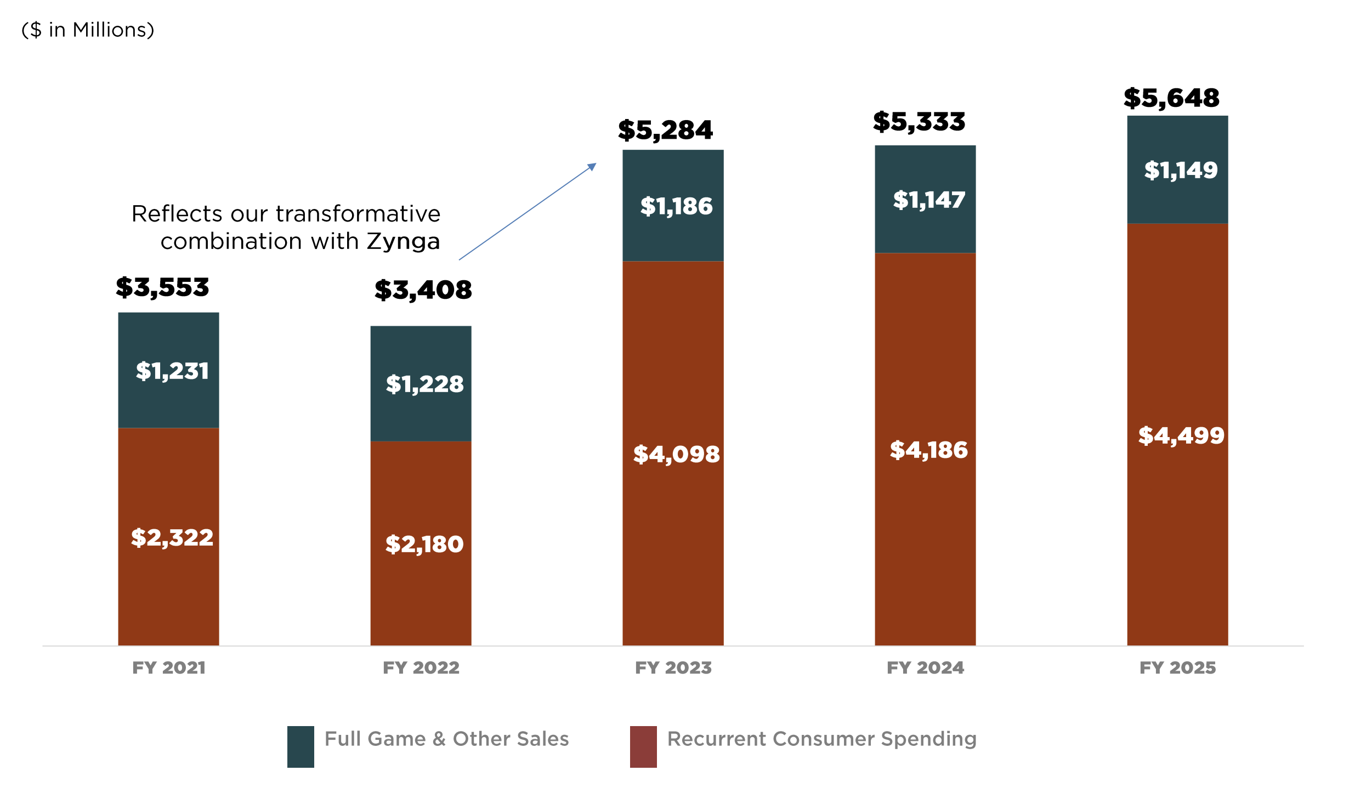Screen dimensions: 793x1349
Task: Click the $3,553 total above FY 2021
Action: [x=162, y=287]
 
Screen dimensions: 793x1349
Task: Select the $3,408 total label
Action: [x=423, y=290]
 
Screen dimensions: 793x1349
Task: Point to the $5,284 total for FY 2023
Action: [x=665, y=131]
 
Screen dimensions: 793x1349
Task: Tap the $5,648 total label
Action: [x=1171, y=99]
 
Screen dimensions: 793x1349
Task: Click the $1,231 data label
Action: [x=172, y=371]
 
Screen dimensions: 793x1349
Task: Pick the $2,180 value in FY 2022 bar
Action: [x=424, y=545]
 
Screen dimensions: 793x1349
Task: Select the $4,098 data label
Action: [x=676, y=455]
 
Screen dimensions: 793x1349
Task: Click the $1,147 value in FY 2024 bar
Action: [x=928, y=200]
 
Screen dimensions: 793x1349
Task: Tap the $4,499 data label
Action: [x=1181, y=436]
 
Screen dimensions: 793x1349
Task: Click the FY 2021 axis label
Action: [x=169, y=668]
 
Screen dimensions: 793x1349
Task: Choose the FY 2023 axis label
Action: [x=673, y=668]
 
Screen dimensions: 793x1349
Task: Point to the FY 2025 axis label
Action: [x=1177, y=668]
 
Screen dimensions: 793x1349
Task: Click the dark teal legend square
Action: [x=301, y=746]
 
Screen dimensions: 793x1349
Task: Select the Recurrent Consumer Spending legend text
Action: [x=821, y=739]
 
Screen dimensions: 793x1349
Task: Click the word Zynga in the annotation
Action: [x=403, y=242]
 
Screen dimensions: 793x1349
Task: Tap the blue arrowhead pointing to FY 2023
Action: [x=592, y=166]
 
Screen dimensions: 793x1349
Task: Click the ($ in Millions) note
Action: [x=88, y=30]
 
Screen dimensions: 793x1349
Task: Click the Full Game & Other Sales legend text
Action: [x=446, y=739]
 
